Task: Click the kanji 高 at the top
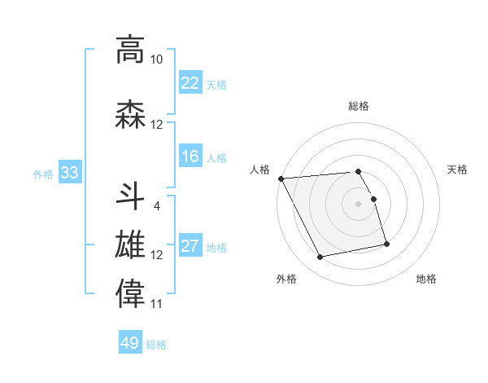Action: point(130,50)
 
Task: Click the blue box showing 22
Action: point(190,82)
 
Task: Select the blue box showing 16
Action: point(190,156)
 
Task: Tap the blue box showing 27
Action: point(190,246)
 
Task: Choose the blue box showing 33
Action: point(69,173)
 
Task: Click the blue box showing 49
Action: point(130,343)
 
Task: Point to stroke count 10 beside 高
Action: point(156,59)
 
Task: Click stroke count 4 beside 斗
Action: point(156,205)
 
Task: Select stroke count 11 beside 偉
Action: point(156,304)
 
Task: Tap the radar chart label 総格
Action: point(358,106)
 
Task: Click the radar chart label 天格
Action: point(457,169)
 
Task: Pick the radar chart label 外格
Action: point(286,279)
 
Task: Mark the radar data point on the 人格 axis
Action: point(281,178)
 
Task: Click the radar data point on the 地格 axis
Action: point(386,244)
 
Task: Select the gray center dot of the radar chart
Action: point(358,204)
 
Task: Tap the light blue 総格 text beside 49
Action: point(156,345)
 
